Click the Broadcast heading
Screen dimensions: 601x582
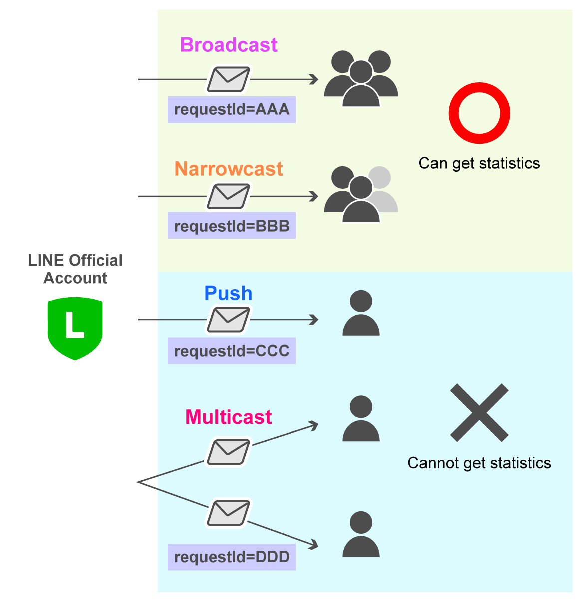[228, 45]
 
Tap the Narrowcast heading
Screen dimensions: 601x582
[228, 169]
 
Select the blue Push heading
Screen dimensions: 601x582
[228, 293]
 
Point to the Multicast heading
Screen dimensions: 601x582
[228, 417]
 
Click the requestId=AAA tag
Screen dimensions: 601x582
[232, 109]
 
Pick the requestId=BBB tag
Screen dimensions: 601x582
[232, 226]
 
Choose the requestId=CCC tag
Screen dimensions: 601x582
[232, 351]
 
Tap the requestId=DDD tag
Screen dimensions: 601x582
[232, 557]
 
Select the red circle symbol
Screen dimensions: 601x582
[479, 113]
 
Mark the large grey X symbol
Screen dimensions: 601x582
[479, 412]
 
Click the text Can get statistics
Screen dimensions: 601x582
[479, 163]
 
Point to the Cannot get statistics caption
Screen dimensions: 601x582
[479, 463]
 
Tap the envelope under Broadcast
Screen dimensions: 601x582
[228, 79]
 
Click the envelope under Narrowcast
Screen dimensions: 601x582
[228, 196]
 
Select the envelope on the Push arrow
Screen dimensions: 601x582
[228, 319]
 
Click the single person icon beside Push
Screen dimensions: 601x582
[361, 313]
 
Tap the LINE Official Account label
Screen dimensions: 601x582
[75, 269]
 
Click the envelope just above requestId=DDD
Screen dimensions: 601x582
[228, 513]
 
